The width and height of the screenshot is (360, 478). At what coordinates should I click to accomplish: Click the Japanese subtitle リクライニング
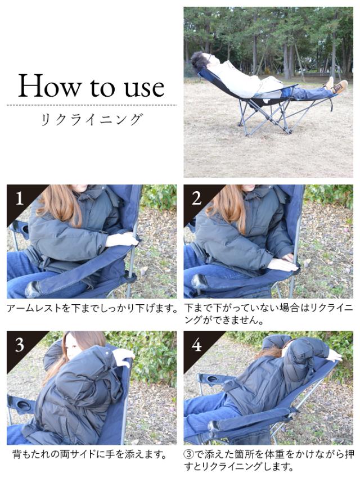pos(92,119)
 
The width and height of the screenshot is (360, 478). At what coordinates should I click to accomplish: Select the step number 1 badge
pos(19,198)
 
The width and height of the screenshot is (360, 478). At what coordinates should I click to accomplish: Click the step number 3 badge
pos(20,345)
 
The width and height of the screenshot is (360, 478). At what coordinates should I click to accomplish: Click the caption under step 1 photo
pos(92,309)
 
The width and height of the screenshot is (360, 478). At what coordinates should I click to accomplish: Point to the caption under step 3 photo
pos(90,454)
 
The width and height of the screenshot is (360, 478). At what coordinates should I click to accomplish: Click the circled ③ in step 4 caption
pos(189,454)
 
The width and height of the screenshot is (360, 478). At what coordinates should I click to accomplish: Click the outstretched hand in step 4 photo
pos(334,355)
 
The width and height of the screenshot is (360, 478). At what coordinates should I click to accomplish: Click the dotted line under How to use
pos(92,105)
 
